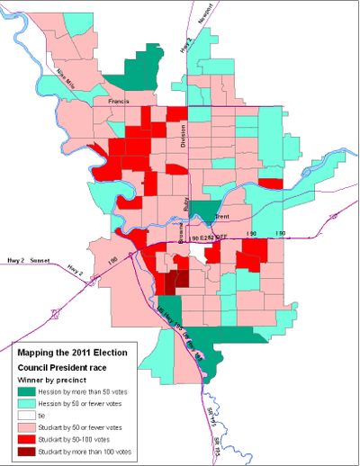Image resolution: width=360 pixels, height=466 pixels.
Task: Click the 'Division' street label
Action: (184, 136)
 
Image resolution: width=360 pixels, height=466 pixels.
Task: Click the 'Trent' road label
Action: (223, 216)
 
